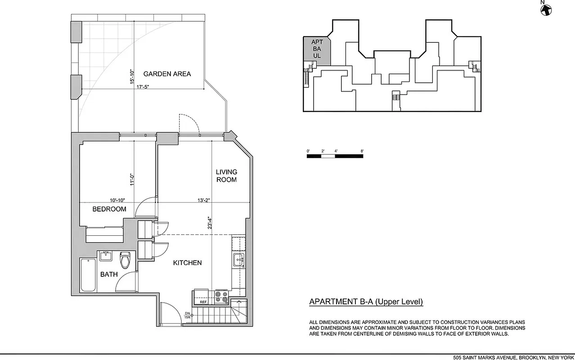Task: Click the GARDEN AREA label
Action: tap(167, 74)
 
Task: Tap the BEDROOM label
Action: tap(109, 209)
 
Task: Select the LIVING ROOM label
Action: tap(226, 175)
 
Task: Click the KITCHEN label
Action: tap(187, 263)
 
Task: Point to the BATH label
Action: tap(109, 274)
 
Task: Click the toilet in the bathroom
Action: tap(125, 260)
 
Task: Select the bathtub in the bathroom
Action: tap(88, 276)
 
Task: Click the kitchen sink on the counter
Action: tap(238, 260)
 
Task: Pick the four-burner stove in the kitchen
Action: tap(221, 297)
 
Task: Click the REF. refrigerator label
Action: tap(203, 302)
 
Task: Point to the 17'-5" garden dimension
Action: tap(143, 87)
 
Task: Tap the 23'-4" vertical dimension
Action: tap(210, 224)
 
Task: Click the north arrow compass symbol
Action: tap(547, 9)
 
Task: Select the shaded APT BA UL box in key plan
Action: tap(317, 49)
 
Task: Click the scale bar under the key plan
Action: tap(335, 156)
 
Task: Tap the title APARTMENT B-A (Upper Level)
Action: tap(366, 302)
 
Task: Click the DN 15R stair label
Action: tap(187, 315)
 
